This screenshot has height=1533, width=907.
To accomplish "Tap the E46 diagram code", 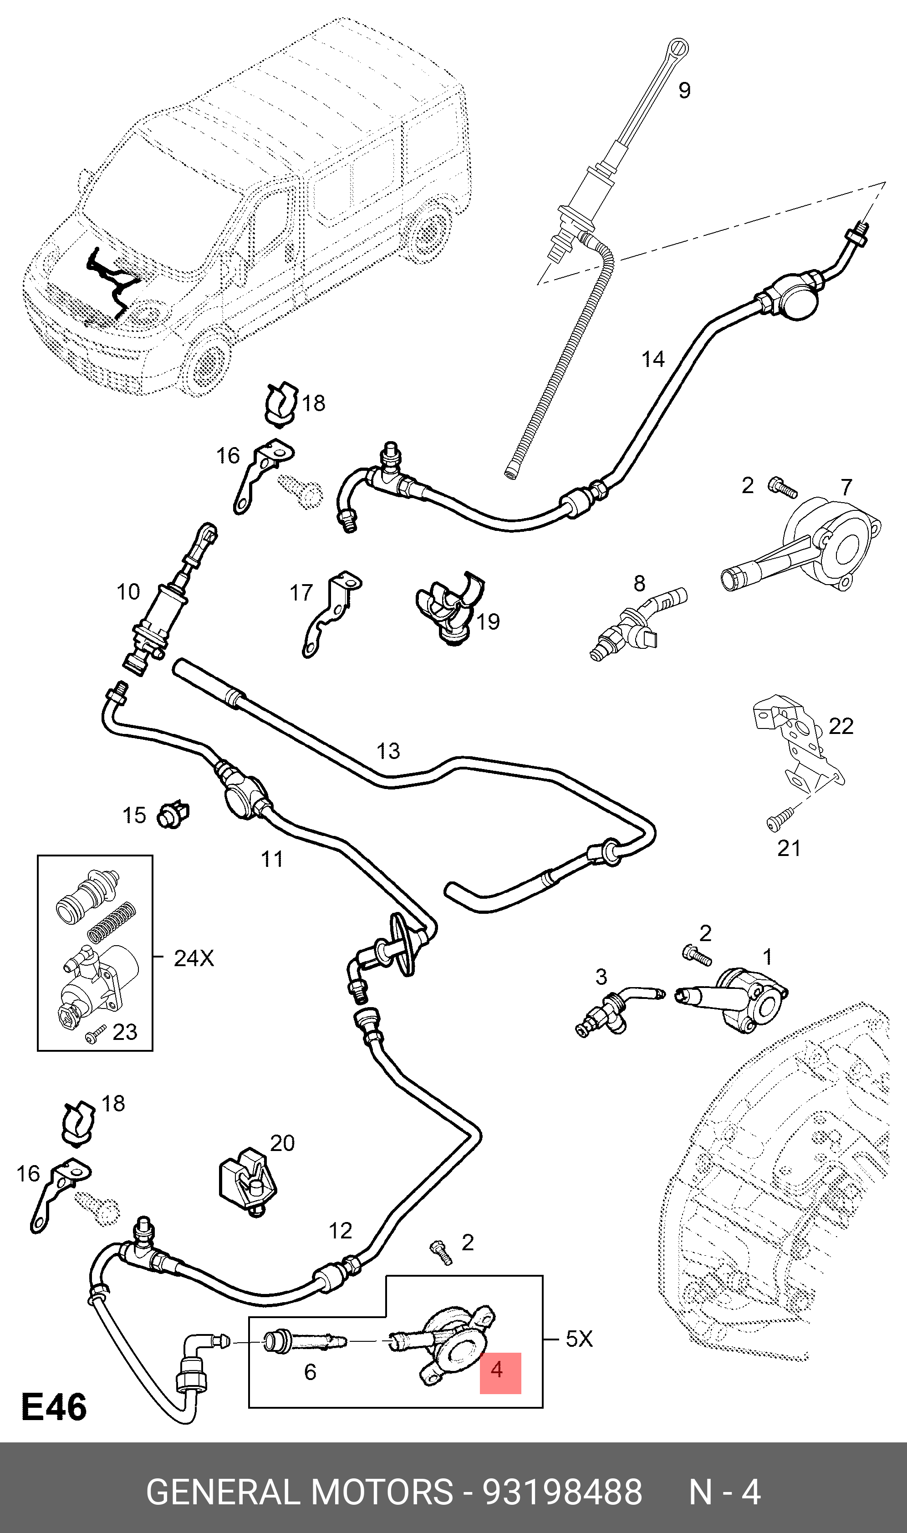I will [54, 1406].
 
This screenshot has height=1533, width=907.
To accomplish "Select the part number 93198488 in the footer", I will [562, 1492].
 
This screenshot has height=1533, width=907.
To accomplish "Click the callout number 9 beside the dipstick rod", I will [684, 91].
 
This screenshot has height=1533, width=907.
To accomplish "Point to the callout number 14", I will [653, 359].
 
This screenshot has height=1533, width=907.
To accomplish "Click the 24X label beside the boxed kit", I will [194, 958].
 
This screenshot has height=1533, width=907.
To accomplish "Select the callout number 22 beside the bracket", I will [841, 726].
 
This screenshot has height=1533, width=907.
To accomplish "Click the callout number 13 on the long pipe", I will [388, 751].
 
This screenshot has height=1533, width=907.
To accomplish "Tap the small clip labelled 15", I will [173, 815].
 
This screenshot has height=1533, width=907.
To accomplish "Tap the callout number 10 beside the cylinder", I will [128, 591].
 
